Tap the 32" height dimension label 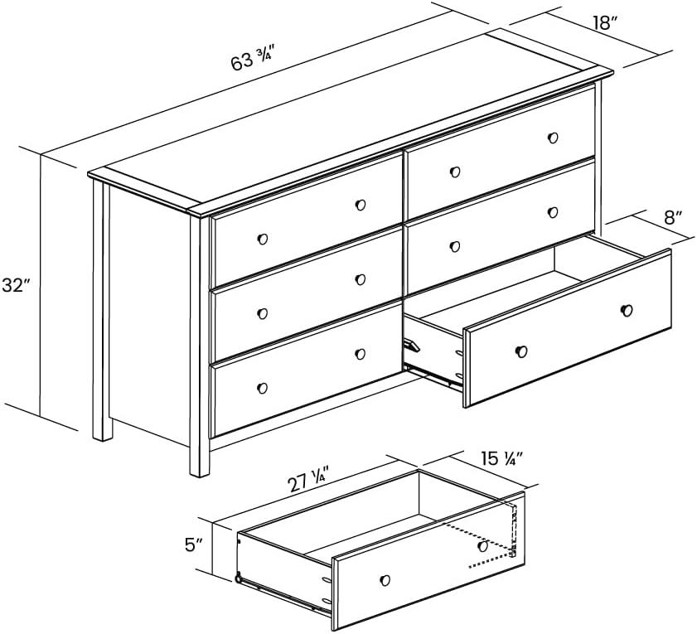pyautogui.click(x=16, y=286)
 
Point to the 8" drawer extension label pyautogui.click(x=673, y=219)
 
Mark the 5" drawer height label pyautogui.click(x=194, y=544)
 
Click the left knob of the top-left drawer pyautogui.click(x=263, y=239)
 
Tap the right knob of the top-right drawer pyautogui.click(x=553, y=138)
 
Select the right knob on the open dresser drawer pyautogui.click(x=627, y=310)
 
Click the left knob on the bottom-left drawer pyautogui.click(x=263, y=388)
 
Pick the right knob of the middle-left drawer pyautogui.click(x=361, y=279)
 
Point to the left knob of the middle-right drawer pyautogui.click(x=454, y=245)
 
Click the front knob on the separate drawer pyautogui.click(x=384, y=578)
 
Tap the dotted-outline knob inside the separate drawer pyautogui.click(x=482, y=546)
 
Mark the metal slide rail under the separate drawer pyautogui.click(x=282, y=593)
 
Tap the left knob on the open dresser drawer pyautogui.click(x=520, y=351)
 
